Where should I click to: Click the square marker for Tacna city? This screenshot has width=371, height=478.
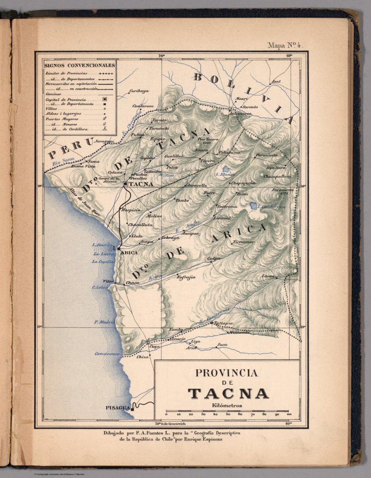pyautogui.click(x=125, y=184)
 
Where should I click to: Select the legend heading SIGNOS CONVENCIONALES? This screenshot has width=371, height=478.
pyautogui.click(x=80, y=65)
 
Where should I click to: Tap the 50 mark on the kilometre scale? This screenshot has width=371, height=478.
pyautogui.click(x=228, y=415)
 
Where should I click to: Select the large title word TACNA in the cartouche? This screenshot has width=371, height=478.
pyautogui.click(x=228, y=393)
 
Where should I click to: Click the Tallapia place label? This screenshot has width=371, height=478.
pyautogui.click(x=224, y=323)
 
